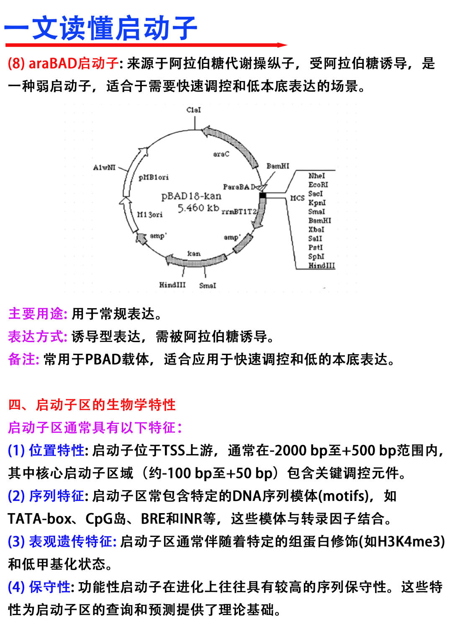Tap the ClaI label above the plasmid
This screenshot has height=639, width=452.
point(194,110)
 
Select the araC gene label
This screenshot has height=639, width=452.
point(221,154)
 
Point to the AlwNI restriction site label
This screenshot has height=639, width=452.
point(104,167)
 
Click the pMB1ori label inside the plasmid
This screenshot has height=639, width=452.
point(154,177)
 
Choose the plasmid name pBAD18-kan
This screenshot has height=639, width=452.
point(191,196)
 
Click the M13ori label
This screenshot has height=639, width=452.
point(150,215)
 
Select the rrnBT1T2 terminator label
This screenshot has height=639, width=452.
point(239,212)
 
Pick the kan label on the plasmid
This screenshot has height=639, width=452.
point(194,253)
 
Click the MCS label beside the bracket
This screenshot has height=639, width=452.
point(297,198)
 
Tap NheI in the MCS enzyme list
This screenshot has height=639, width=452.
point(316,176)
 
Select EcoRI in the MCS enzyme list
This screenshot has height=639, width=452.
point(318,184)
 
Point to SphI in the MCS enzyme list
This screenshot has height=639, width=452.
point(316,256)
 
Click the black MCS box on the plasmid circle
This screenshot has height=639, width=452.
point(263,195)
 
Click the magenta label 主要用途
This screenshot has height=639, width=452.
point(37,314)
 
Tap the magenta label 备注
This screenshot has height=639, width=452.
point(23,359)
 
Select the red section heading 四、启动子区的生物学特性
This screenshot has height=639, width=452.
point(92,405)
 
